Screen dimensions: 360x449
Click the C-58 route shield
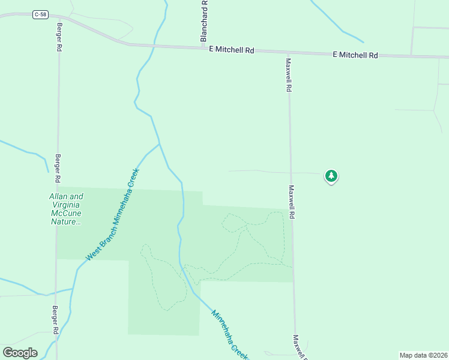pyautogui.click(x=40, y=15)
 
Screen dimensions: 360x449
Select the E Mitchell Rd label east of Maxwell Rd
pyautogui.click(x=355, y=55)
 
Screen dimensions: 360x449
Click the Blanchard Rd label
pyautogui.click(x=204, y=21)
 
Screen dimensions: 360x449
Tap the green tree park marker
pyautogui.click(x=331, y=176)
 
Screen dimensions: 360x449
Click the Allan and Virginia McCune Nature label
pyautogui.click(x=66, y=209)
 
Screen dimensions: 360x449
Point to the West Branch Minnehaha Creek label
pyautogui.click(x=112, y=215)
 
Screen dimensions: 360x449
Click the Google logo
pyautogui.click(x=20, y=352)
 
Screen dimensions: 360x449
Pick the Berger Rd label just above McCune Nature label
pyautogui.click(x=58, y=167)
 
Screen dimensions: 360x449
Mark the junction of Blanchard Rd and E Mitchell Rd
pyautogui.click(x=203, y=47)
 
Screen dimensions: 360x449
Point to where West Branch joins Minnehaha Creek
pyautogui.click(x=159, y=144)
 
